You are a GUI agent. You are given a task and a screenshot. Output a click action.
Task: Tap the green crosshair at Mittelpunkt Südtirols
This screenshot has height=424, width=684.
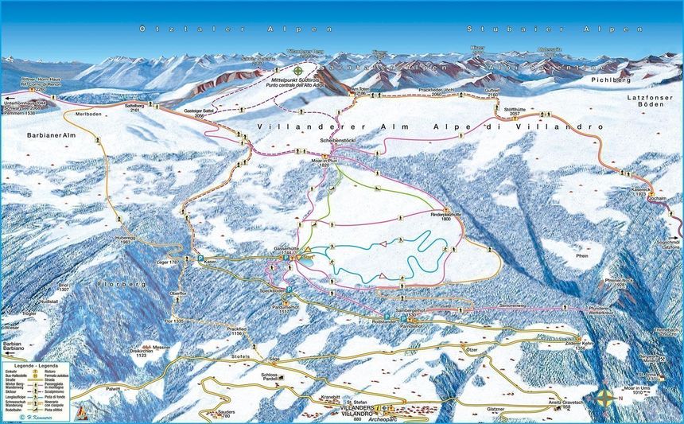(298, 70)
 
